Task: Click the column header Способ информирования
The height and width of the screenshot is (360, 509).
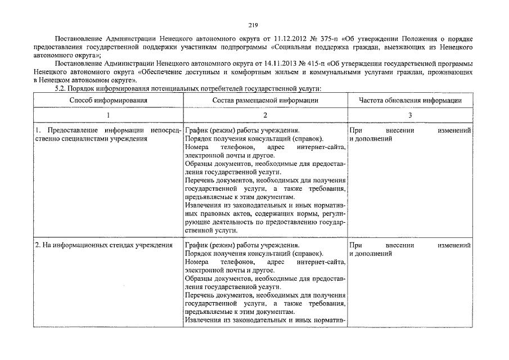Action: pyautogui.click(x=108, y=100)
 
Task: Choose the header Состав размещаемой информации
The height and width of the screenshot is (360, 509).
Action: pyautogui.click(x=265, y=100)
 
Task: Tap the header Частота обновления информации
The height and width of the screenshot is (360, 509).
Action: pyautogui.click(x=410, y=100)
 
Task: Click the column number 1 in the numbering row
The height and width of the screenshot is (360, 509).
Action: pyautogui.click(x=108, y=115)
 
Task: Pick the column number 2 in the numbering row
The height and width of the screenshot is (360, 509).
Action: pyautogui.click(x=265, y=115)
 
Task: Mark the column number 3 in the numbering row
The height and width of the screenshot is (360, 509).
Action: pyautogui.click(x=410, y=115)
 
